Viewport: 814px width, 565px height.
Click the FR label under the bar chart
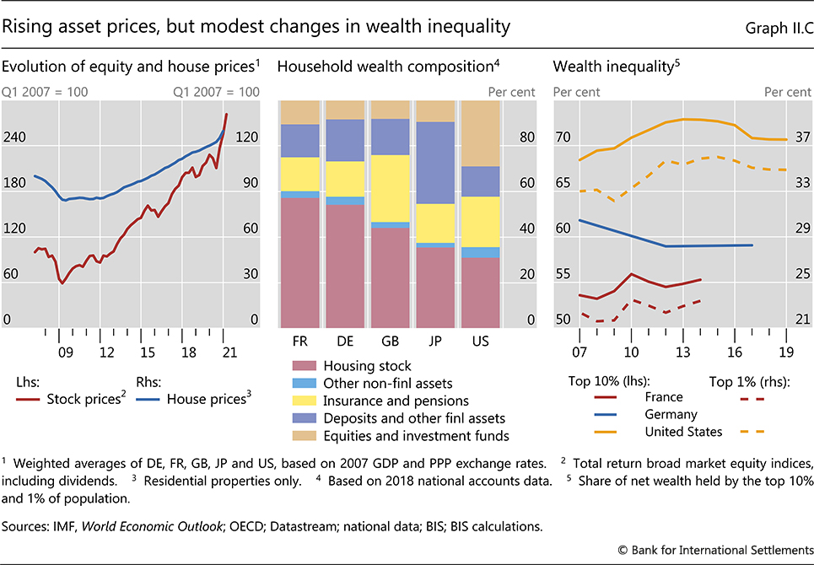(x=299, y=342)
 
